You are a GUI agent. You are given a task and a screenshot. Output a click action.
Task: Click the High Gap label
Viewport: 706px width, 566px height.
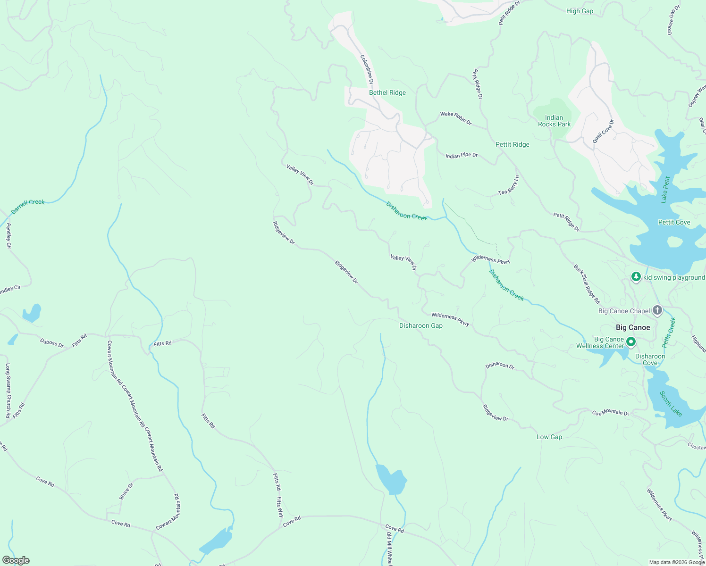click(x=580, y=11)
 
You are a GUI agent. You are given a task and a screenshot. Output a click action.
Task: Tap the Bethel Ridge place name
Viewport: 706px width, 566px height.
click(x=387, y=92)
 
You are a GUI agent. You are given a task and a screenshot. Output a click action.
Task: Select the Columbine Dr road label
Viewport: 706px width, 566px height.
click(x=367, y=69)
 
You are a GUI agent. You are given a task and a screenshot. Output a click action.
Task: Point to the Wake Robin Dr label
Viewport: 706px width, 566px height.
click(x=455, y=118)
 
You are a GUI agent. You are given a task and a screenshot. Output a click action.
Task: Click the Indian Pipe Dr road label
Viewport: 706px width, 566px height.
click(x=461, y=155)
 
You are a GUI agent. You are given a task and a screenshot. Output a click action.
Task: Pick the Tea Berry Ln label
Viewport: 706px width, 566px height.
click(x=509, y=185)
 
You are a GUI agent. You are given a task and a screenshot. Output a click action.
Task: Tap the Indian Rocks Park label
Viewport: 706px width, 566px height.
click(x=554, y=121)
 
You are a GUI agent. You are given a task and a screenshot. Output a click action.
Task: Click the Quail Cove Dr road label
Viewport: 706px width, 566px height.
click(x=603, y=132)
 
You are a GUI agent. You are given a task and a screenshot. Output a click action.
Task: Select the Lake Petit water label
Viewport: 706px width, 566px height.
click(x=665, y=189)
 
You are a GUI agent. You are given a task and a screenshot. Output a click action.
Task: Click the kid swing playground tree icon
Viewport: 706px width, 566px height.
click(x=636, y=277)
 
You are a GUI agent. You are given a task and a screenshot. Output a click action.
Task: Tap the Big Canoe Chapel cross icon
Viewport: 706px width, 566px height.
click(x=657, y=310)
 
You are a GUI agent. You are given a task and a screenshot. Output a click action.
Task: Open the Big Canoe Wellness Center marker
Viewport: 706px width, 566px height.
click(x=631, y=341)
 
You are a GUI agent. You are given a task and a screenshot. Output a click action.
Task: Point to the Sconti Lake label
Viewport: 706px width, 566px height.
click(x=671, y=404)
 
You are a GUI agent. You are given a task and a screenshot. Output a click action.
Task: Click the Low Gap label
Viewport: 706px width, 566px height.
click(x=549, y=437)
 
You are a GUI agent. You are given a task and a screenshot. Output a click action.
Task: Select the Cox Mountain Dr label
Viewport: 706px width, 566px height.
click(x=610, y=413)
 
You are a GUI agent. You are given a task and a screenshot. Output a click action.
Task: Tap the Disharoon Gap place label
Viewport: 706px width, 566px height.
click(x=420, y=325)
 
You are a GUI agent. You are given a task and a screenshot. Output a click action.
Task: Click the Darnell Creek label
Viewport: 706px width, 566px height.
click(x=28, y=206)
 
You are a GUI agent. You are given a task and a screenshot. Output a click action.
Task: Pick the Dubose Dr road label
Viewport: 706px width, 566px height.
click(x=51, y=343)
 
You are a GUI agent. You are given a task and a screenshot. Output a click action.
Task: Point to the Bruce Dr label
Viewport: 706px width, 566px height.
click(x=126, y=491)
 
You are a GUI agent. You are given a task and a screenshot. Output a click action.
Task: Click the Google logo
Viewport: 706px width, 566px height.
click(x=16, y=560)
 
